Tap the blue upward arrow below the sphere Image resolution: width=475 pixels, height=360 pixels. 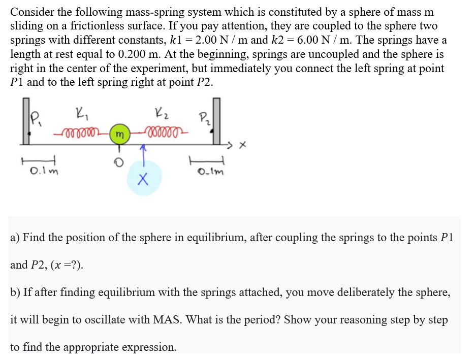click(x=144, y=154)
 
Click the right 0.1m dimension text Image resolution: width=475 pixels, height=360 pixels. click(x=209, y=172)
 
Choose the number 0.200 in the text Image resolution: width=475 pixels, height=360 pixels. click(x=137, y=54)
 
